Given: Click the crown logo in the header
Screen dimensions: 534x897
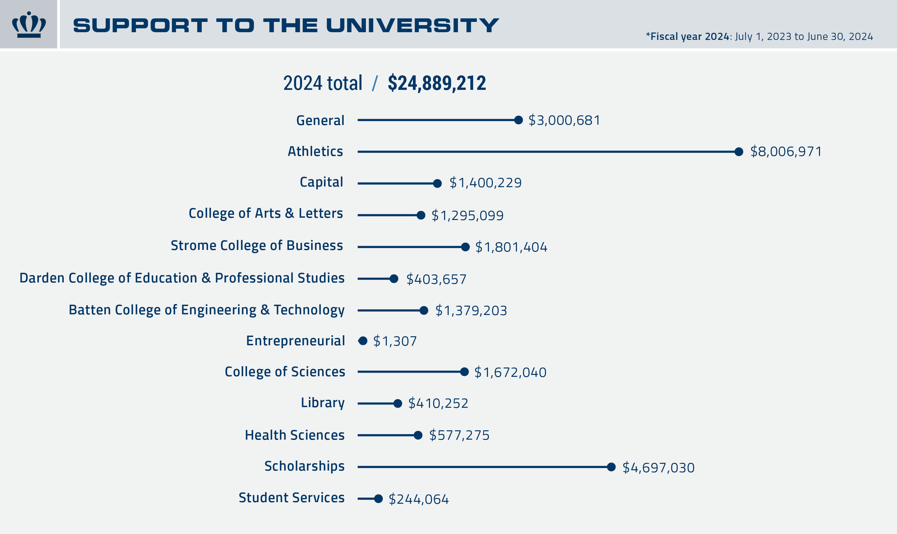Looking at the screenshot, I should pyautogui.click(x=29, y=24).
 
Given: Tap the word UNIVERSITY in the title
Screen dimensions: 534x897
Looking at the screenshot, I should pyautogui.click(x=412, y=25).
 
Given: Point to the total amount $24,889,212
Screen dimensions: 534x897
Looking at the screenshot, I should pyautogui.click(x=437, y=83).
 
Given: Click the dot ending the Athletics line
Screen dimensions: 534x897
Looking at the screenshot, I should pyautogui.click(x=739, y=152).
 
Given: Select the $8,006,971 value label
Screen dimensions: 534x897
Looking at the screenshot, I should pyautogui.click(x=786, y=151).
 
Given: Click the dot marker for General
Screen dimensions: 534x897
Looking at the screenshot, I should pyautogui.click(x=519, y=120).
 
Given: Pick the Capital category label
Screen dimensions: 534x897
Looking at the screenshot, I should pyautogui.click(x=321, y=182).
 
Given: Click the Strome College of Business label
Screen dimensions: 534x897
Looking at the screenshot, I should pyautogui.click(x=257, y=245).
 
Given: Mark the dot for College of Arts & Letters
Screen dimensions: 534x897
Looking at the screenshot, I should pyautogui.click(x=421, y=215).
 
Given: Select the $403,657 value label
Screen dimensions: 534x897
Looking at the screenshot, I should pyautogui.click(x=436, y=279).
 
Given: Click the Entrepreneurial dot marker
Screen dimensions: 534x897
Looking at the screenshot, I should pyautogui.click(x=363, y=341).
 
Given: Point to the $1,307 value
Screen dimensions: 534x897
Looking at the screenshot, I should pyautogui.click(x=395, y=341).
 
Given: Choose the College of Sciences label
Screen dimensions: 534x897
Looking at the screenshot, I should pyautogui.click(x=285, y=372).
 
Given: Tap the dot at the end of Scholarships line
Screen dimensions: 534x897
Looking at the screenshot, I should pyautogui.click(x=611, y=467).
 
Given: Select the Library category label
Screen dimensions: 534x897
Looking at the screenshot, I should pyautogui.click(x=322, y=403).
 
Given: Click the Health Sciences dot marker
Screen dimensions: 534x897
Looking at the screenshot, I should pyautogui.click(x=418, y=435).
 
